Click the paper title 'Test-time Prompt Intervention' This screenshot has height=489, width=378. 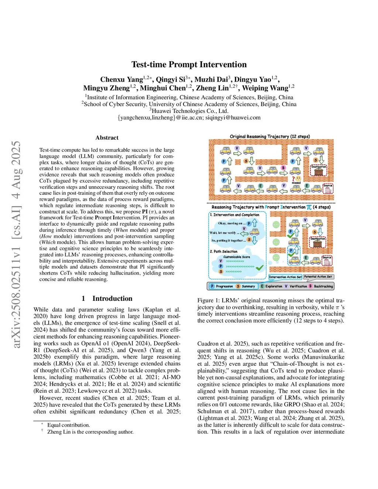tap(189, 65)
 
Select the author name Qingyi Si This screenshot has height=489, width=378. tap(171, 79)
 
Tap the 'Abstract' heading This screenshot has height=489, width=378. tap(107, 138)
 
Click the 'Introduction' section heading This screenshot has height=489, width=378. tap(112, 299)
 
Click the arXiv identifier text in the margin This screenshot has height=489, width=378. tap(16, 244)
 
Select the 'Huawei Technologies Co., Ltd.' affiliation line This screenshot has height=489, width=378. tap(189, 111)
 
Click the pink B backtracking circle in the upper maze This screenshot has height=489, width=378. tap(283, 168)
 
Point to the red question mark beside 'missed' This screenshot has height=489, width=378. tap(293, 179)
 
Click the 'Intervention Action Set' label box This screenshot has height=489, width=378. tap(285, 277)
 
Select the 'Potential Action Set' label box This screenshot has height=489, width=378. tap(318, 276)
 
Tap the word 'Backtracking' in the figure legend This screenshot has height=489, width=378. tap(323, 286)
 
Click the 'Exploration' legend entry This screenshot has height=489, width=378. tap(274, 286)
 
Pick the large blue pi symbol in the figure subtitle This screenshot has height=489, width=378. tap(309, 207)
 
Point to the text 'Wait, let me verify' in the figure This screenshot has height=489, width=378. tap(223, 233)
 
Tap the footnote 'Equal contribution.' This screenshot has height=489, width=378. tap(68, 425)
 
